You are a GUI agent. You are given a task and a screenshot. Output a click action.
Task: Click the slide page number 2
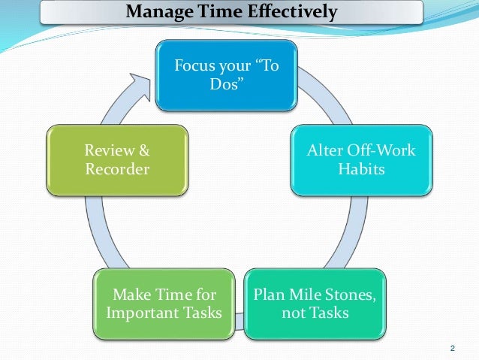452,347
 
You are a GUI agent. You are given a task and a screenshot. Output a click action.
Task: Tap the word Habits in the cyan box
360,169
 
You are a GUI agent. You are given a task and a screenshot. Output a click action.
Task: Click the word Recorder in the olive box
117,169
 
